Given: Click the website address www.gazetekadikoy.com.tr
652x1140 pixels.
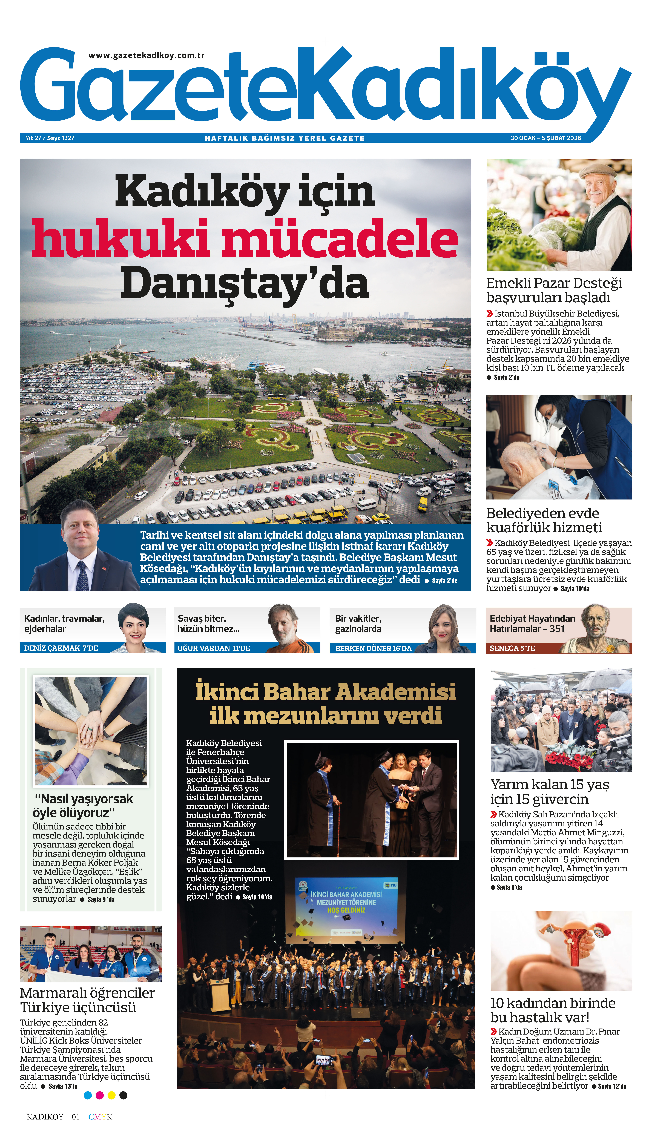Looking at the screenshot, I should point(146,56).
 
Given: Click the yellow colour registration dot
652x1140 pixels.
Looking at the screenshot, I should point(111,1095).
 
